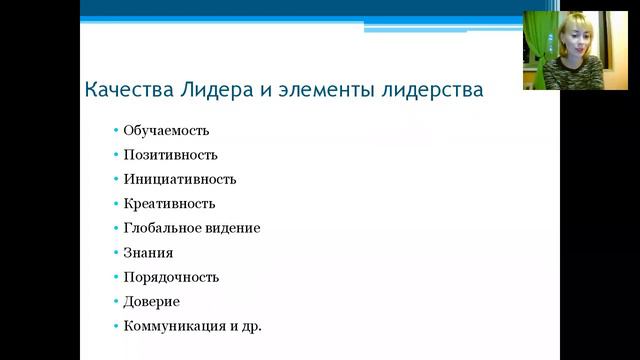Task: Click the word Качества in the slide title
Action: coord(124,90)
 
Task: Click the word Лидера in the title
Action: coord(210,90)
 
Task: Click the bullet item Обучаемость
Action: coord(166,130)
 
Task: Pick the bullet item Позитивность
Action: coord(170,155)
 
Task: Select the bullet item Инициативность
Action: coord(179,179)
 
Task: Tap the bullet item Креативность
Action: coord(169,203)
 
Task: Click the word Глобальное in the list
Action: coord(163,228)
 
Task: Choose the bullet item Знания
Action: coord(148,252)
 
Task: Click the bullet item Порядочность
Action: coord(171,277)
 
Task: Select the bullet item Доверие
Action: coord(152,301)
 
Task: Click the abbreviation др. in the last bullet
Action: coord(251,326)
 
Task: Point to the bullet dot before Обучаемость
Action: coord(116,130)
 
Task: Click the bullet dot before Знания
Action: coord(116,252)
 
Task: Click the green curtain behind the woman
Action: coord(537,45)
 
